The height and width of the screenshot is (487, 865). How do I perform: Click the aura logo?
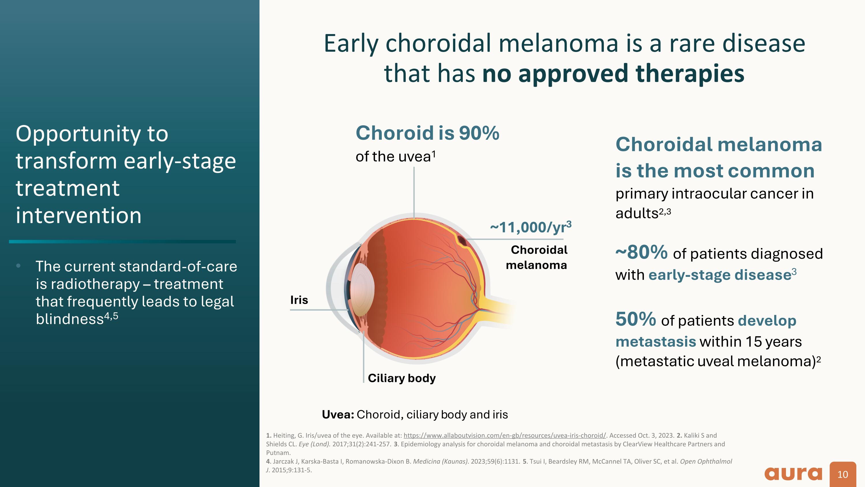793,473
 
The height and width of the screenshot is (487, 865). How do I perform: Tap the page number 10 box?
843,474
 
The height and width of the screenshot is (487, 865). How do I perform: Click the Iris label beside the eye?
299,300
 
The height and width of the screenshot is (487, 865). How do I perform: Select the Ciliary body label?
402,378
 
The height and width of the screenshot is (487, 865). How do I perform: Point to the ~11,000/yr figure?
531,227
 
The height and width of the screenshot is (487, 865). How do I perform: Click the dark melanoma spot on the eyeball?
461,241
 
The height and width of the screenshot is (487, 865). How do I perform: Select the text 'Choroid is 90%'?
427,133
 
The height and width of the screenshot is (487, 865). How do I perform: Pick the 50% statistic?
635,319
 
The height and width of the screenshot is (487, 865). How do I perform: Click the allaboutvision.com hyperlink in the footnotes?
505,435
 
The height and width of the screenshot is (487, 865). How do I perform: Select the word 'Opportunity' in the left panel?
78,134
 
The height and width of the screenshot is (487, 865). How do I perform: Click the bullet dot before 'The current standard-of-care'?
18,266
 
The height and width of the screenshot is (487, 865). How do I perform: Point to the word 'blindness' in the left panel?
69,319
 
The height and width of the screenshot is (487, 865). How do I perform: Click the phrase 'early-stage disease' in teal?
720,275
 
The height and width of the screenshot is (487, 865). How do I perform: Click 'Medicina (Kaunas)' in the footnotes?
440,462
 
